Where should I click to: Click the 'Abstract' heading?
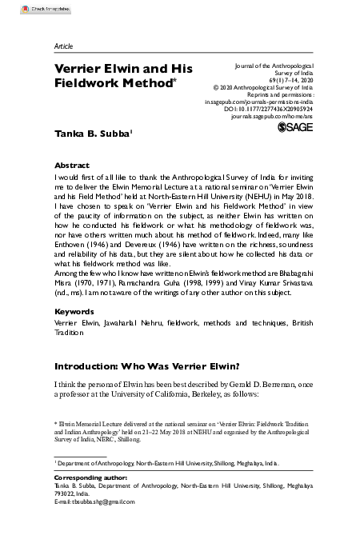click(x=72, y=159)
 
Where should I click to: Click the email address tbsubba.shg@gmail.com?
click(x=92, y=501)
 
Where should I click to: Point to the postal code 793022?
click(x=66, y=493)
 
